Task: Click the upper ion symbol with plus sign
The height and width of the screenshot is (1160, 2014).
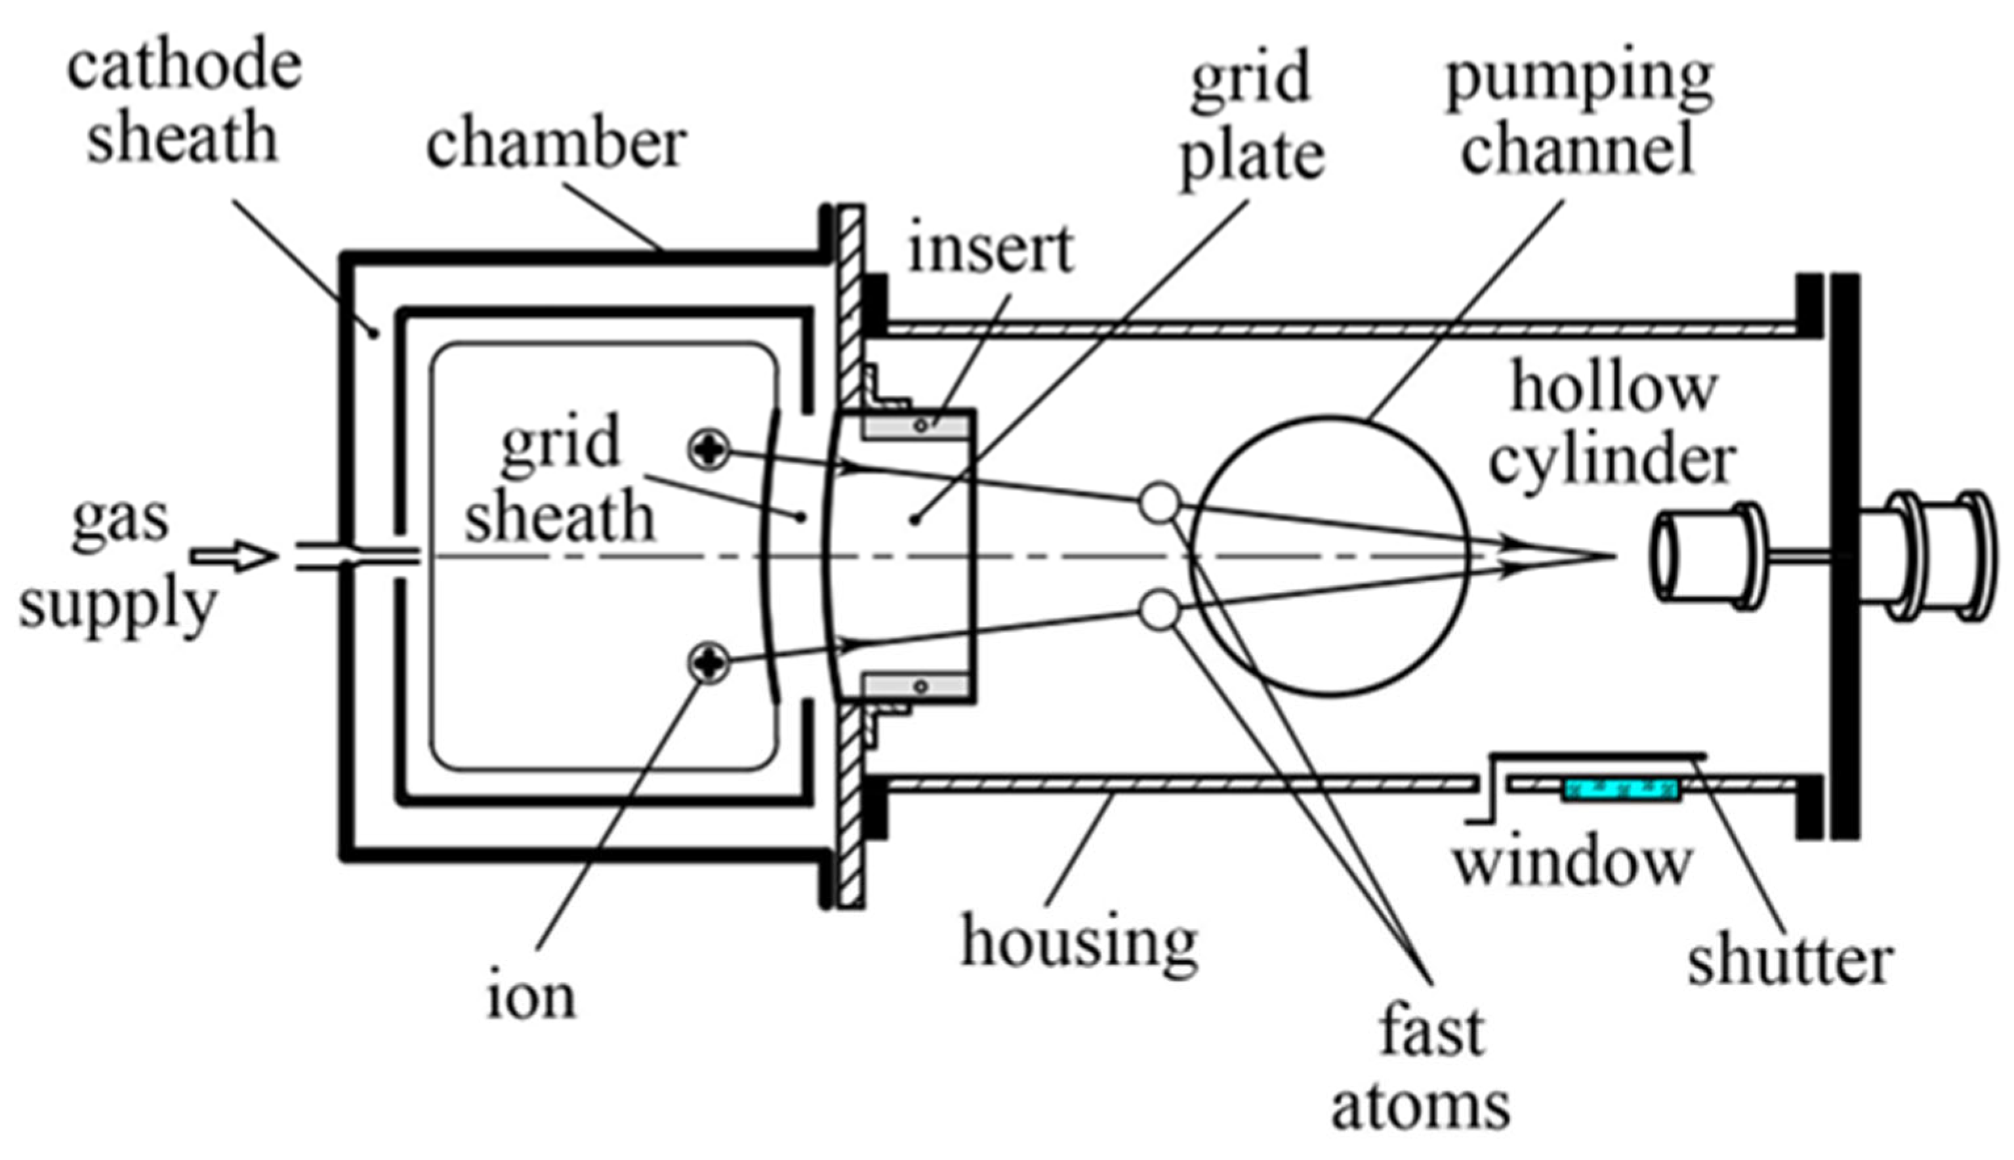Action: pyautogui.click(x=708, y=449)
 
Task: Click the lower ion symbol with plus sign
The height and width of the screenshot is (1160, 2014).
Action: pyautogui.click(x=708, y=662)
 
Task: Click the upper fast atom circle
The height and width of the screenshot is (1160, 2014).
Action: pyautogui.click(x=1159, y=503)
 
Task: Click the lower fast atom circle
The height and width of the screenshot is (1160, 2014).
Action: pyautogui.click(x=1159, y=611)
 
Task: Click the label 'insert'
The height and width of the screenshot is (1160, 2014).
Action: pyautogui.click(x=991, y=249)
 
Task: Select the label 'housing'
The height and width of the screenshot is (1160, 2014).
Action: pyautogui.click(x=1079, y=942)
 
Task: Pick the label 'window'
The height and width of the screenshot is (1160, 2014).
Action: pyautogui.click(x=1572, y=862)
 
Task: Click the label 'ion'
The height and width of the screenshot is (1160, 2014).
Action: pyautogui.click(x=531, y=997)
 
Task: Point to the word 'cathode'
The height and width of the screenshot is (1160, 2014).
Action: pyautogui.click(x=185, y=66)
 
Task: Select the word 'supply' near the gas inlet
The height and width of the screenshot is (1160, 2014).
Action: pyautogui.click(x=118, y=606)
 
